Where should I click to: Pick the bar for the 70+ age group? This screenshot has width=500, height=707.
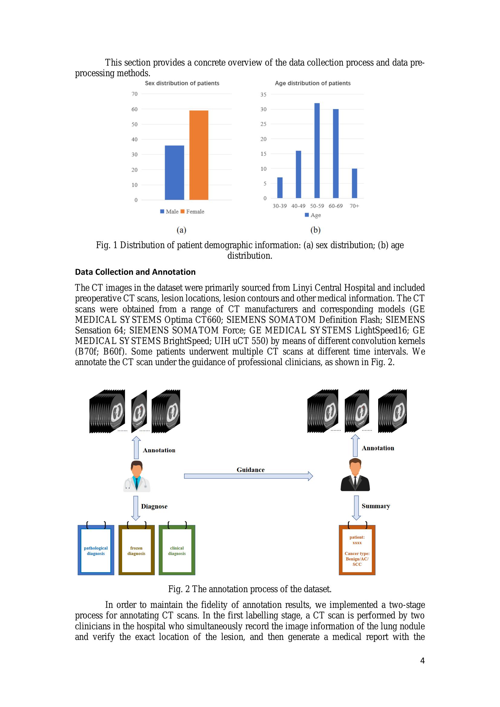(x=354, y=183)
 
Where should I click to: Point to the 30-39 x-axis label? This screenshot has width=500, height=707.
(x=280, y=206)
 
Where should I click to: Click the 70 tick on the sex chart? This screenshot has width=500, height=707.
(x=135, y=94)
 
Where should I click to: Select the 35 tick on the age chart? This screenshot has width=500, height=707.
(x=263, y=95)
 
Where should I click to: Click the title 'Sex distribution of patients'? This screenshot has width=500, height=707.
(x=182, y=83)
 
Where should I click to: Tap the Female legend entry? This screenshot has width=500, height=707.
(x=193, y=212)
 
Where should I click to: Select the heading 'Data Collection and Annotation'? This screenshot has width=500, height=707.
(x=135, y=272)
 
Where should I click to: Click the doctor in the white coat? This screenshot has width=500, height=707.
(x=137, y=476)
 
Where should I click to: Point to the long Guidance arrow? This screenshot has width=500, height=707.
(x=248, y=476)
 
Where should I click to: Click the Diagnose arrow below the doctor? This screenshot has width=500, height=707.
(x=136, y=508)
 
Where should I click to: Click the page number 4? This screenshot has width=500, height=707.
(x=422, y=660)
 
